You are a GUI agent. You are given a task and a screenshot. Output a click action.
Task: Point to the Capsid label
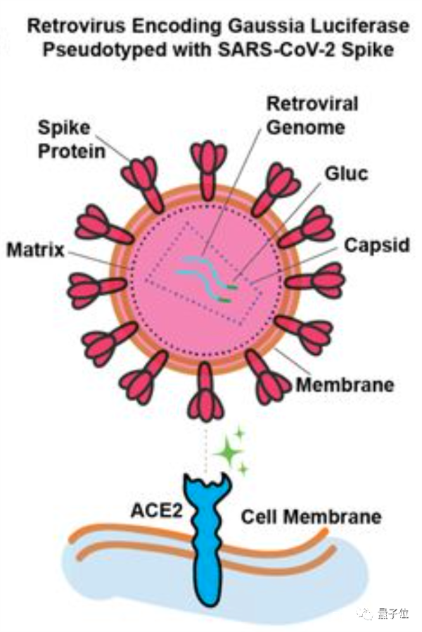(376, 245)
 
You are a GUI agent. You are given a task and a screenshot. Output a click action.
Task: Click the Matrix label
(36, 250)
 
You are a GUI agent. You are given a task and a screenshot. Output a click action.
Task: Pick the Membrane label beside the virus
(345, 384)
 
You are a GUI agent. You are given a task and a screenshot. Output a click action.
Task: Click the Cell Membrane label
(311, 517)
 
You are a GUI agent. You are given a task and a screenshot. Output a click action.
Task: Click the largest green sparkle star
(228, 451)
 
